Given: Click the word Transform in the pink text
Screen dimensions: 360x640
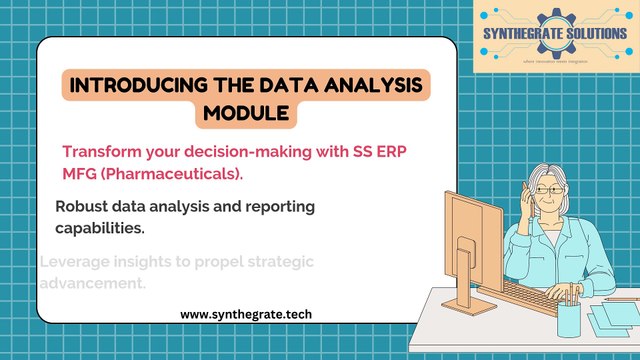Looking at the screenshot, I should pos(98,151).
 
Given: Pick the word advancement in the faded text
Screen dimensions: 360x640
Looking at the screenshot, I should pos(93,283).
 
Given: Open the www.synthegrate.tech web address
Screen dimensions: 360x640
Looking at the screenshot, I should pos(245,314).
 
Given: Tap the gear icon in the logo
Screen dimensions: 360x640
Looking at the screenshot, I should pos(556,25).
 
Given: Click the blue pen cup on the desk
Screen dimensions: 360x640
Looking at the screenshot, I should pos(569,318).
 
